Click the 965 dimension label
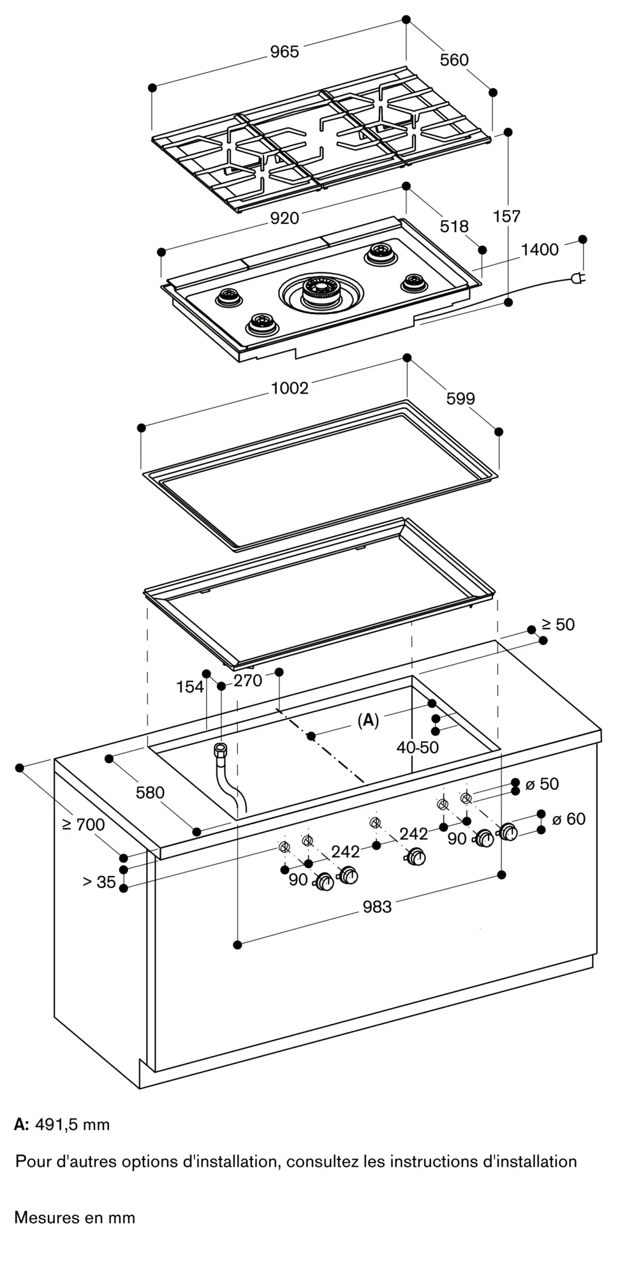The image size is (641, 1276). (x=284, y=52)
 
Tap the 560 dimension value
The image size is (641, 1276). (x=454, y=60)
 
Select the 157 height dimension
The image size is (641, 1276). (x=507, y=216)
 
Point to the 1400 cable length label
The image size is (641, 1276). (x=540, y=249)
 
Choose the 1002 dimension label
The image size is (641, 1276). (x=290, y=388)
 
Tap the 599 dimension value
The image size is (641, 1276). (x=460, y=399)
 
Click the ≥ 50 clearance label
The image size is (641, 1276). (x=558, y=625)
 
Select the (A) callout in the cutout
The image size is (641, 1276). (x=368, y=720)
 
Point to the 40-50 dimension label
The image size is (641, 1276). (x=418, y=747)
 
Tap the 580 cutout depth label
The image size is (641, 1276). (x=150, y=792)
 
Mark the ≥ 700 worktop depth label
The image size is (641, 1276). (x=84, y=824)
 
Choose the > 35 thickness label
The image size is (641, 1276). (x=99, y=882)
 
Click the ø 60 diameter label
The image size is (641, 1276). (x=568, y=818)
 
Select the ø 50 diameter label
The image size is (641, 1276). (x=542, y=783)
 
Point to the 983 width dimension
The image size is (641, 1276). (x=377, y=907)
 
